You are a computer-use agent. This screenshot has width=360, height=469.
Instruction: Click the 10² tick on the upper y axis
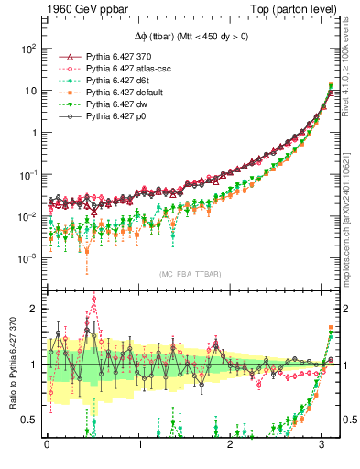pos(27,48)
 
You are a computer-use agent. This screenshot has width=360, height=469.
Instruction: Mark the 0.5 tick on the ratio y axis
pos(28,420)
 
